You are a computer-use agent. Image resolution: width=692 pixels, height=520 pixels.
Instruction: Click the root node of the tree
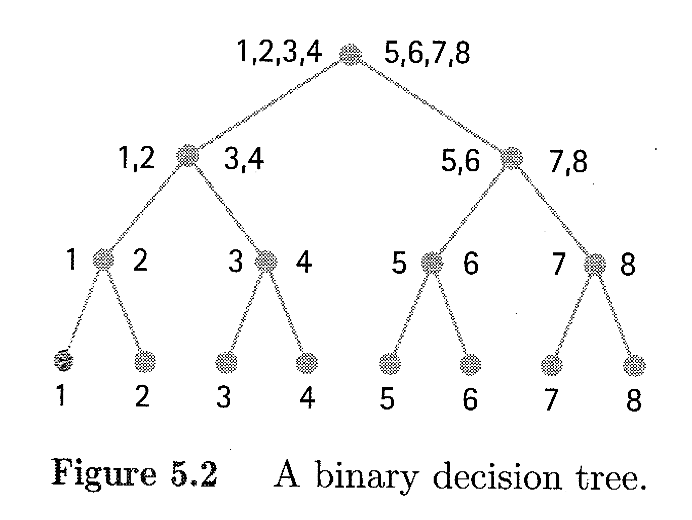(x=350, y=55)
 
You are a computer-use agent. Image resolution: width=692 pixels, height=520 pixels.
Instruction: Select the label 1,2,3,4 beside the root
(x=279, y=52)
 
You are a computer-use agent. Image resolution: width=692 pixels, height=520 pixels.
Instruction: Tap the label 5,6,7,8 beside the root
(x=427, y=54)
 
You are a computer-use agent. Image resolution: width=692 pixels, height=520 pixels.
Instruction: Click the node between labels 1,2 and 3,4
(x=188, y=156)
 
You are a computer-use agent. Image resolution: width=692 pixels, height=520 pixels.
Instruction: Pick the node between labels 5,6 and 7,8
(x=511, y=158)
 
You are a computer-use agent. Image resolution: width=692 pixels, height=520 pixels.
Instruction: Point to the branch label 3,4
(x=244, y=160)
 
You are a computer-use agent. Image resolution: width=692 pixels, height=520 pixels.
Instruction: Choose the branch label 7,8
(x=568, y=162)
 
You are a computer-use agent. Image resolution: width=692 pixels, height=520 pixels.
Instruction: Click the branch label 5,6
(x=460, y=161)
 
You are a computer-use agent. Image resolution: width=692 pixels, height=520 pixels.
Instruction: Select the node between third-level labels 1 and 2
(x=103, y=259)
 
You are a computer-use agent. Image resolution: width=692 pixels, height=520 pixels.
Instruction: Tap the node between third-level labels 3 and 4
(x=266, y=262)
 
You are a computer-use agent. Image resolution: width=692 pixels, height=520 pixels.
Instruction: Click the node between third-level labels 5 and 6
(x=432, y=263)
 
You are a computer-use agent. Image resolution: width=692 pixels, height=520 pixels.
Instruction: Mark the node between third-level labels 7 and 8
(x=595, y=264)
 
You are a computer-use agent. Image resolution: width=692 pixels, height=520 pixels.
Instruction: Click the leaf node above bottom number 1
(x=63, y=360)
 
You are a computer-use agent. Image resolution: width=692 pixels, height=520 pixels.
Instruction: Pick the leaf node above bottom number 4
(x=307, y=363)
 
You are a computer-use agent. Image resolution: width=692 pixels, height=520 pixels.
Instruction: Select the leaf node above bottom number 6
(x=471, y=364)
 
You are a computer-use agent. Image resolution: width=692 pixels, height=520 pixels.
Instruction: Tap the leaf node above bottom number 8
(x=634, y=366)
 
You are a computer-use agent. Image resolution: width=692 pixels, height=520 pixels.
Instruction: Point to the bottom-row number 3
(x=223, y=397)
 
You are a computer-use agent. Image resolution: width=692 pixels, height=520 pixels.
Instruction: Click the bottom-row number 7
(x=551, y=399)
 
